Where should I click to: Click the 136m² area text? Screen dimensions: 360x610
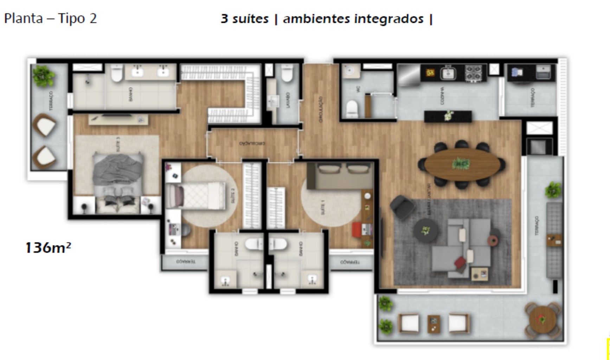pyautogui.click(x=48, y=247)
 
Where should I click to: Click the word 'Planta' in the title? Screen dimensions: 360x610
pyautogui.click(x=23, y=18)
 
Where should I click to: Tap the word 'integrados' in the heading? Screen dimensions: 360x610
pyautogui.click(x=388, y=19)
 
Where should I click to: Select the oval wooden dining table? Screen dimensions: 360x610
pyautogui.click(x=462, y=164)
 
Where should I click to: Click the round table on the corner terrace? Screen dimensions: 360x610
pyautogui.click(x=542, y=319)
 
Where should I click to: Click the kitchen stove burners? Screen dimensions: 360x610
pyautogui.click(x=473, y=73)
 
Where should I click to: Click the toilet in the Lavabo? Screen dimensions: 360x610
pyautogui.click(x=287, y=73)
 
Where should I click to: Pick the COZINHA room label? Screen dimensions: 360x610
pyautogui.click(x=442, y=96)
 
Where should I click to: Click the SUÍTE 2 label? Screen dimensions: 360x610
pyautogui.click(x=232, y=195)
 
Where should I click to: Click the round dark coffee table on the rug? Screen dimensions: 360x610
pyautogui.click(x=426, y=231)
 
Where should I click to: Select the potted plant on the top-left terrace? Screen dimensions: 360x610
pyautogui.click(x=44, y=76)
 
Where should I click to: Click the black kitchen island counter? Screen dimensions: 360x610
pyautogui.click(x=448, y=116)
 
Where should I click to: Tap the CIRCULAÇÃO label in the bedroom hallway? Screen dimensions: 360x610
pyautogui.click(x=252, y=143)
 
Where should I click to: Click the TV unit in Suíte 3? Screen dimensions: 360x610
pyautogui.click(x=118, y=119)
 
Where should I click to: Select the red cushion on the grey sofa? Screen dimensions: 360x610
pyautogui.click(x=460, y=262)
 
